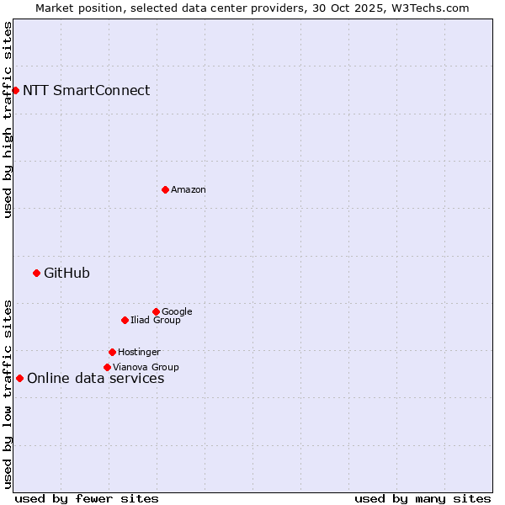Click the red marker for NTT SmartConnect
tap(15, 90)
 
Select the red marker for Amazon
tap(165, 189)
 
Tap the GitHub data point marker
tap(36, 273)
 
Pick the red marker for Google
tap(156, 311)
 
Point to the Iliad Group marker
tap(125, 320)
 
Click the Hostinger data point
tap(112, 352)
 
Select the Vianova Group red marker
tap(107, 367)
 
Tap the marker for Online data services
tap(19, 378)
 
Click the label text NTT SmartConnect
tap(86, 91)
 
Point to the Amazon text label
tap(189, 190)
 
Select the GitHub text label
tap(66, 274)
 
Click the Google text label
tap(177, 312)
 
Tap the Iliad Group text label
tap(156, 321)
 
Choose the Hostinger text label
tap(139, 353)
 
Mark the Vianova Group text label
tap(146, 368)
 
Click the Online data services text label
tap(95, 379)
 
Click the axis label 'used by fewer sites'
tap(87, 498)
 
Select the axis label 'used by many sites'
tap(423, 498)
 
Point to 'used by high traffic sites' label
tap(8, 120)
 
